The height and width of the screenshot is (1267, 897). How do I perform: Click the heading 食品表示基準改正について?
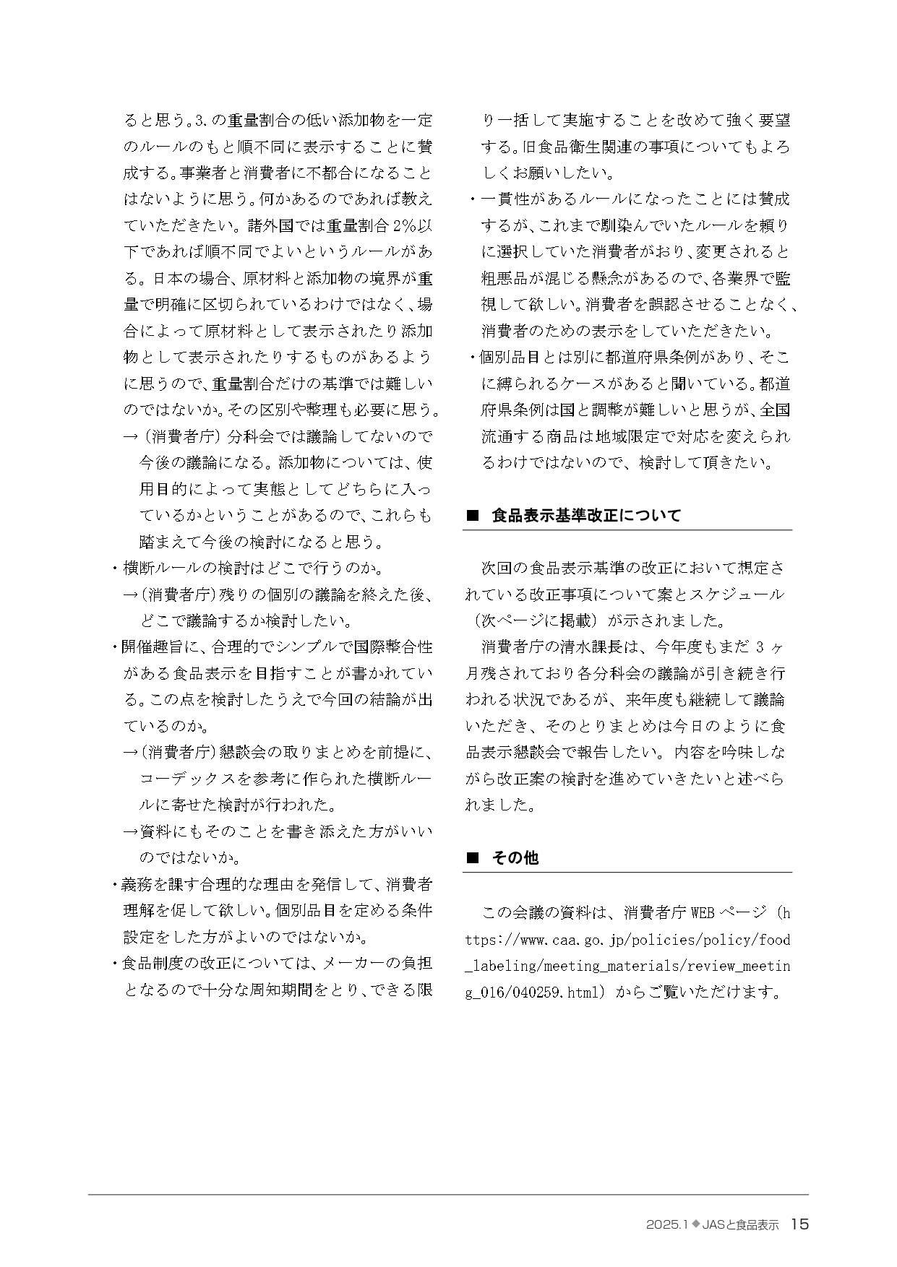(585, 516)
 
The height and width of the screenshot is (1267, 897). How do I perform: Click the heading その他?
(515, 857)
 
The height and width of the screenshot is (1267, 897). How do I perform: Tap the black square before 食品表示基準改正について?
(473, 516)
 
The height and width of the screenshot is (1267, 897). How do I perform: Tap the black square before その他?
(473, 857)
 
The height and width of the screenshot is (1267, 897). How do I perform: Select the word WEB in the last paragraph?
(703, 913)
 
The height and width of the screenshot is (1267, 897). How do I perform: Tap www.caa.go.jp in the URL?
(558, 940)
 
